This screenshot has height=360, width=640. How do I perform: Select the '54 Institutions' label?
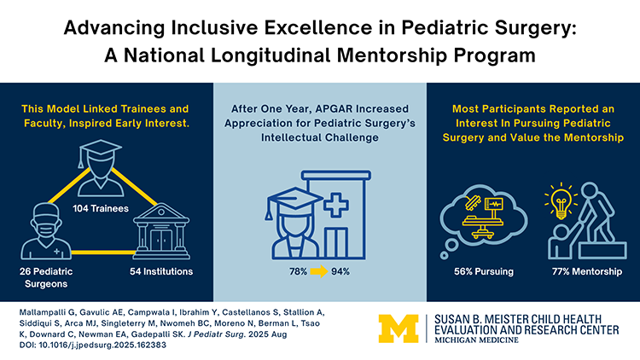pyautogui.click(x=159, y=272)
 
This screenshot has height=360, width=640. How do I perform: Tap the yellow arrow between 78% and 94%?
pyautogui.click(x=318, y=272)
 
